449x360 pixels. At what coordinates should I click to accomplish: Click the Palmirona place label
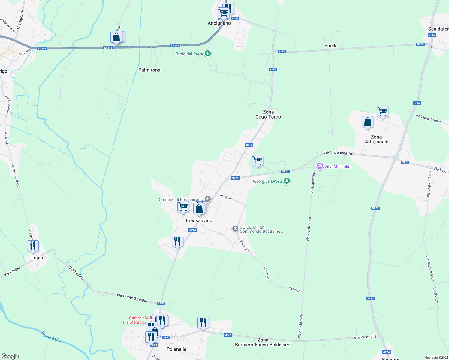click(x=149, y=70)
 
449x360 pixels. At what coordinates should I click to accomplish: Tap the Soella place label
click(x=331, y=46)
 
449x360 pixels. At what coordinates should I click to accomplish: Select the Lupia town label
click(x=37, y=258)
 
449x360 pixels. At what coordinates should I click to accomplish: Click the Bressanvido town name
click(x=199, y=220)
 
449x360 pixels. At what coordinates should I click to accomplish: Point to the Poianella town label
click(x=176, y=349)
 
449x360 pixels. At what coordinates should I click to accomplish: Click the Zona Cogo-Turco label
click(x=268, y=114)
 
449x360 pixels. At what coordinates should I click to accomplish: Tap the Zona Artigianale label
click(x=376, y=139)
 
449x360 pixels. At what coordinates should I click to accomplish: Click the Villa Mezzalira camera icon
click(x=320, y=166)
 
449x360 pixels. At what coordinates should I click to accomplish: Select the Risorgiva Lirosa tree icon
click(x=287, y=181)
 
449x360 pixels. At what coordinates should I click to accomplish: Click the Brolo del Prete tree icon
click(x=208, y=54)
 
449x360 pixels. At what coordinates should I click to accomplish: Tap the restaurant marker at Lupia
click(x=33, y=246)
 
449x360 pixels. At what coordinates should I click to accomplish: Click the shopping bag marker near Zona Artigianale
click(x=367, y=122)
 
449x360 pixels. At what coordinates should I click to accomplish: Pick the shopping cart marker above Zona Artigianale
click(x=382, y=112)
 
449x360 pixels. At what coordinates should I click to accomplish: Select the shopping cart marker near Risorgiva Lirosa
click(x=257, y=160)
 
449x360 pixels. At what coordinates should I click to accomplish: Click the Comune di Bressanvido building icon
click(x=207, y=199)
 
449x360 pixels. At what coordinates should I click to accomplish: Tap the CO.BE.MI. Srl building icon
click(x=235, y=229)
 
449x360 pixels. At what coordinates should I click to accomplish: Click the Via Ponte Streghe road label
click(x=132, y=298)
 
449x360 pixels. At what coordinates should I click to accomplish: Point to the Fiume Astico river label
click(x=52, y=337)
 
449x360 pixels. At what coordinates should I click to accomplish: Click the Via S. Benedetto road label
click(x=338, y=153)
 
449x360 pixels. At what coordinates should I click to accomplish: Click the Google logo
click(x=10, y=356)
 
